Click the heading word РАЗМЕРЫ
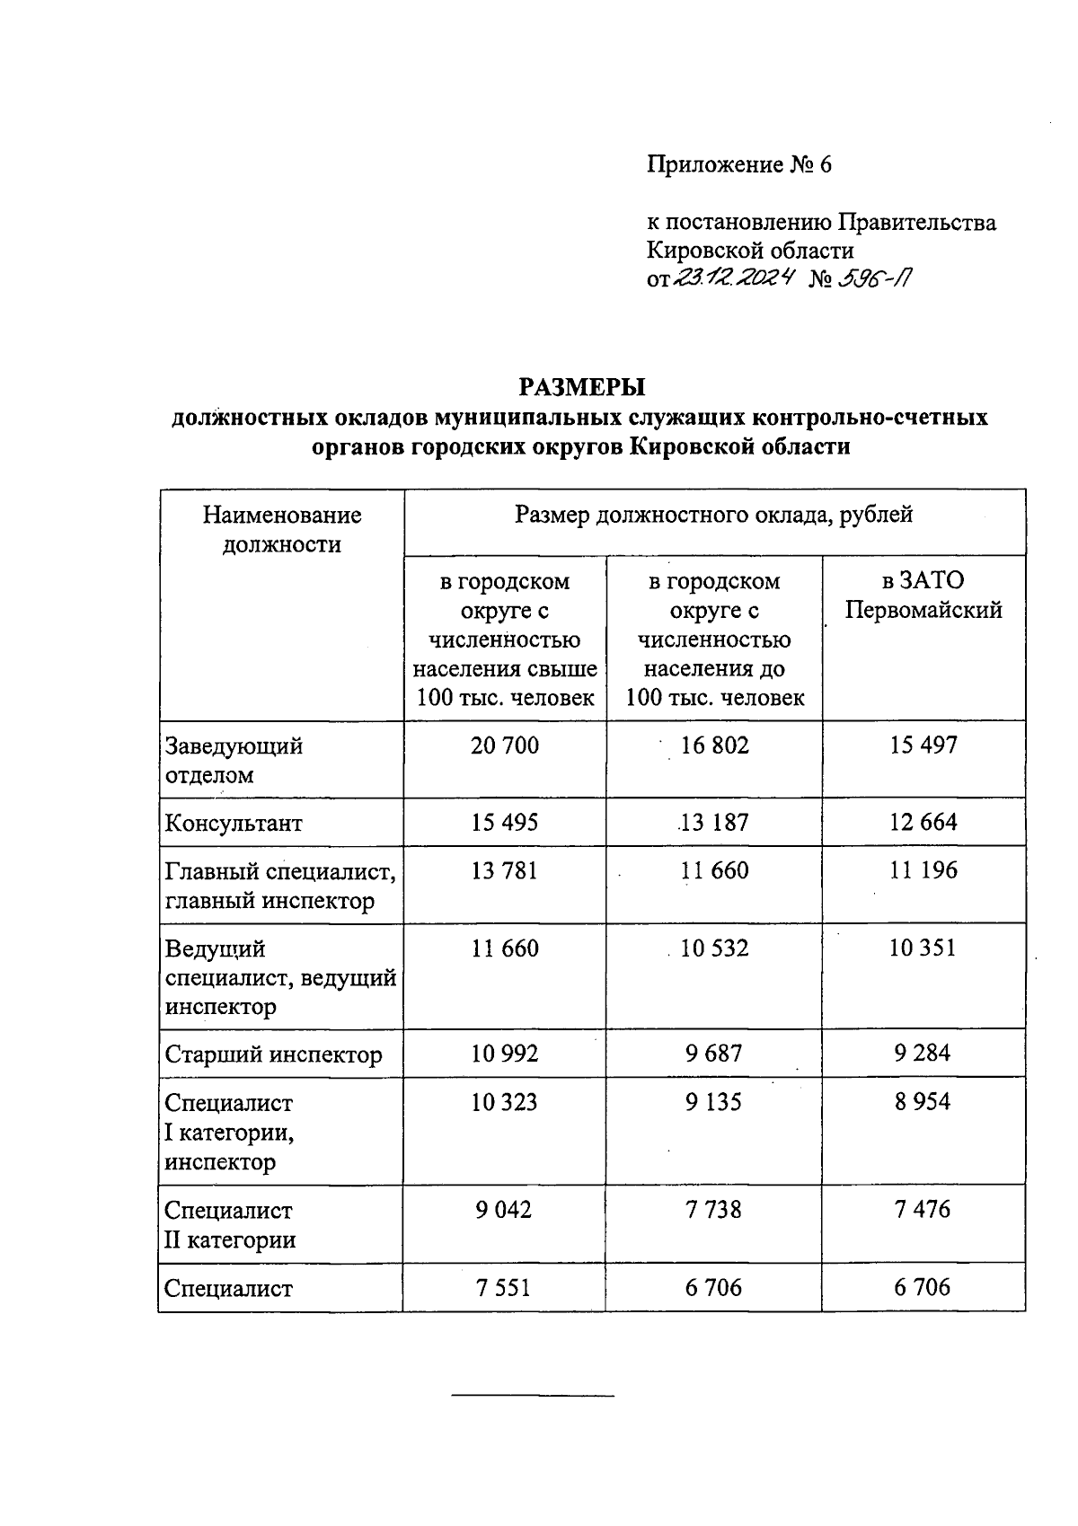click(583, 387)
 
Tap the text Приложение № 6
click(739, 165)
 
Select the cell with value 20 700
click(505, 745)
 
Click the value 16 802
click(714, 745)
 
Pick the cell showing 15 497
click(923, 745)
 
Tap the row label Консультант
click(234, 824)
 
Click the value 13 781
click(505, 871)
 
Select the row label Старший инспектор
click(273, 1054)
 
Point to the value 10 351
click(923, 948)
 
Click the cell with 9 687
click(714, 1054)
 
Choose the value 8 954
click(923, 1102)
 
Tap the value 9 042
click(504, 1210)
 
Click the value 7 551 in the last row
click(504, 1288)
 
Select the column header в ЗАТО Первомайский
click(923, 596)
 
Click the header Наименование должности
click(282, 529)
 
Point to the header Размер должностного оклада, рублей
click(714, 516)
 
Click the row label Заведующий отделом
click(234, 760)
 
